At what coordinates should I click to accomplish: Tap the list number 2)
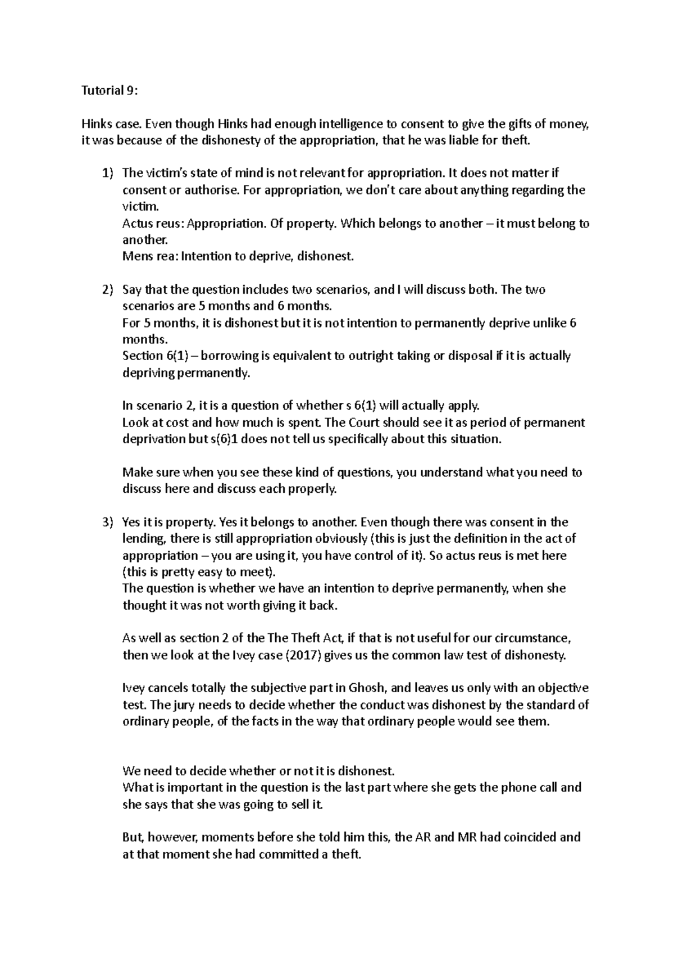tap(107, 290)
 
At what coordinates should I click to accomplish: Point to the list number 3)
tap(107, 522)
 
